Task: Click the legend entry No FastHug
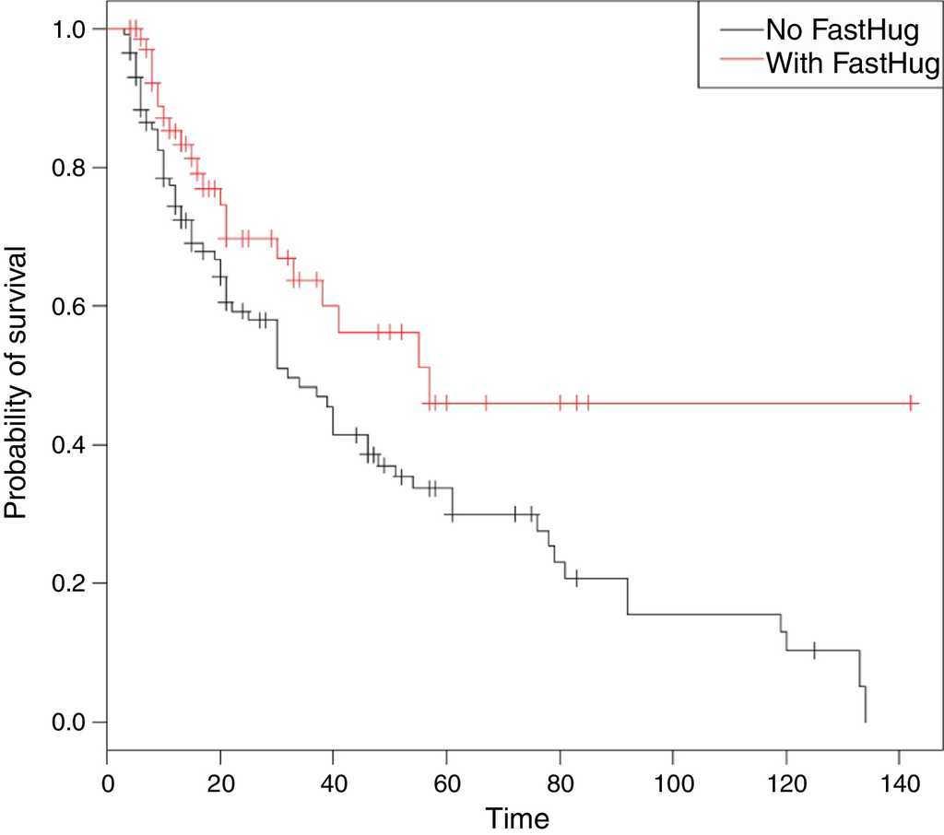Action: click(x=842, y=31)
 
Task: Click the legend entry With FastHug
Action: click(x=851, y=64)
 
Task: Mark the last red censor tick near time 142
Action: click(x=910, y=403)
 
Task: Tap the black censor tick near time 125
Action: click(x=814, y=650)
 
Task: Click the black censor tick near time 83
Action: click(x=576, y=578)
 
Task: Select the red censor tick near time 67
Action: click(x=486, y=403)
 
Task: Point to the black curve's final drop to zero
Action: click(x=866, y=704)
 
